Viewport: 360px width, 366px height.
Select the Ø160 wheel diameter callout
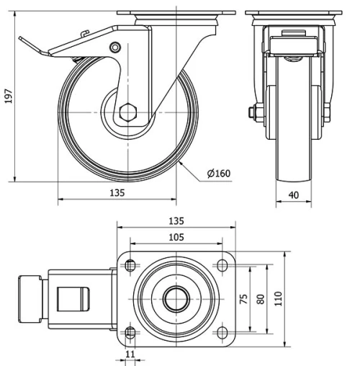click(x=218, y=173)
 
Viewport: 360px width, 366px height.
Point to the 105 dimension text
click(x=176, y=236)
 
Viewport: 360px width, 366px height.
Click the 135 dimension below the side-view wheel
click(x=117, y=192)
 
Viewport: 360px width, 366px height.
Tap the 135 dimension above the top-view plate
click(x=176, y=220)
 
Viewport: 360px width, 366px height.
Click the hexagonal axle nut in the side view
click(x=130, y=112)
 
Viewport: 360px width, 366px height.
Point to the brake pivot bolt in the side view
click(x=114, y=48)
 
